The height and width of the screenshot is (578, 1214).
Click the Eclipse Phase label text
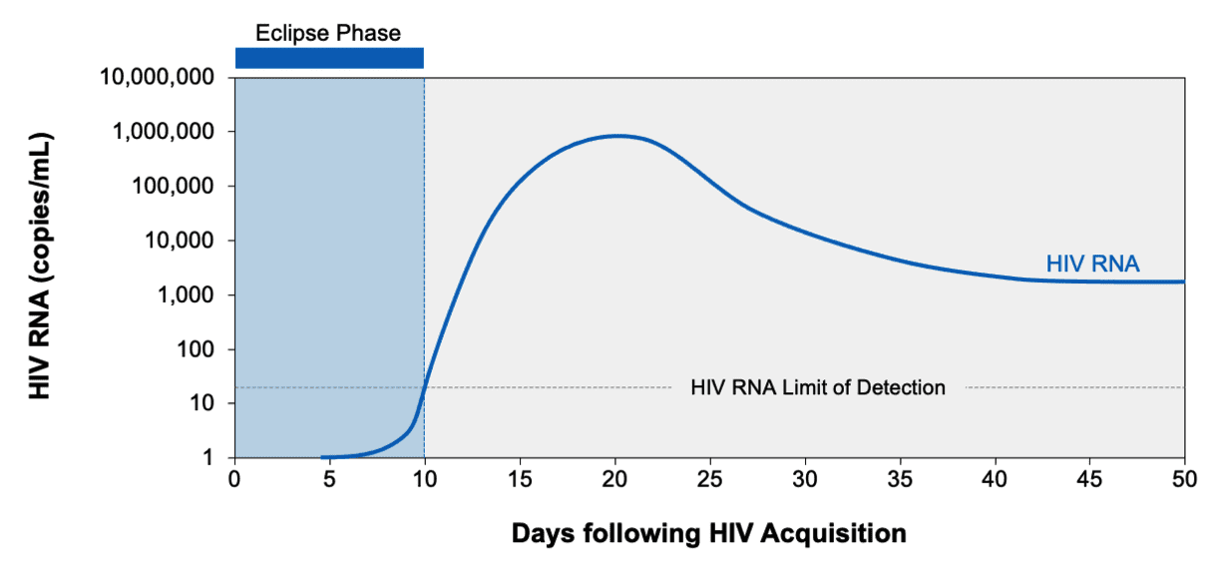328,33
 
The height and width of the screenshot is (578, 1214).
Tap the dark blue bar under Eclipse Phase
329,58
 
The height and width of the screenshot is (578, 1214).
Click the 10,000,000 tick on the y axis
163,78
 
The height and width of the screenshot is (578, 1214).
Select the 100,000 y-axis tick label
178,187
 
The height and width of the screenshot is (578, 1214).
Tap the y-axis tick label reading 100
201,349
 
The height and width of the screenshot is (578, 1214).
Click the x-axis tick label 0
234,477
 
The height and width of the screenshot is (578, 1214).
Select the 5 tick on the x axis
329,477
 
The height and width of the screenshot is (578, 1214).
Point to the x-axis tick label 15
520,477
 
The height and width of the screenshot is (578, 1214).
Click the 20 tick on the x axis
614,477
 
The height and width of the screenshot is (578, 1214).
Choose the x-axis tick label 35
900,477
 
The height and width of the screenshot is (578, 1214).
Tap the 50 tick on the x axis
1184,477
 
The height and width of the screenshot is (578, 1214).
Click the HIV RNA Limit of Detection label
817,387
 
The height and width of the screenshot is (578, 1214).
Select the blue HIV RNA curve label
1092,265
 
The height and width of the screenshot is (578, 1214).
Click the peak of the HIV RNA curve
618,136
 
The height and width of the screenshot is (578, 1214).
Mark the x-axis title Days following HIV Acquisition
708,534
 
